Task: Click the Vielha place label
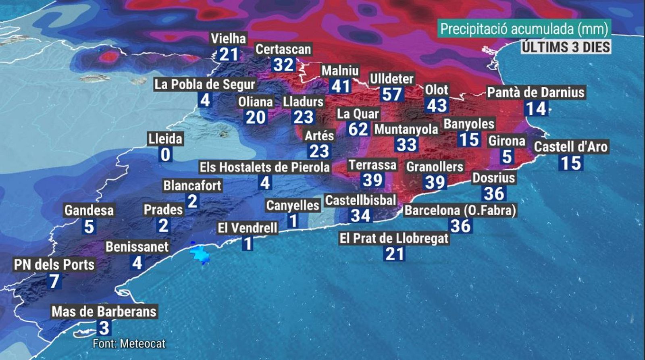(x=228, y=39)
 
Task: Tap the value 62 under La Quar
(x=358, y=129)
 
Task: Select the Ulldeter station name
(x=391, y=79)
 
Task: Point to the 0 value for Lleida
(x=165, y=154)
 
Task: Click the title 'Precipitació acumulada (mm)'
(x=524, y=29)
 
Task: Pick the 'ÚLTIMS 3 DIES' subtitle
(x=566, y=47)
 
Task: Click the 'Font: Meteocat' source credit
(x=129, y=343)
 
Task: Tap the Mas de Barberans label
(x=104, y=312)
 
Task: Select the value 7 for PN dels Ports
(x=54, y=281)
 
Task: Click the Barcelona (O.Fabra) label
(x=460, y=210)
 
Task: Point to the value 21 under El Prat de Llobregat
(x=394, y=254)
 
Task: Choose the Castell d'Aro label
(x=570, y=147)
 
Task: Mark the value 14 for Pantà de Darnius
(x=536, y=109)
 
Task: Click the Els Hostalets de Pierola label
(x=264, y=167)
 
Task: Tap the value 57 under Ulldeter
(x=391, y=94)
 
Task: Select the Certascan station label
(x=283, y=49)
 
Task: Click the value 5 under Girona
(x=507, y=157)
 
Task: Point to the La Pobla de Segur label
(x=205, y=84)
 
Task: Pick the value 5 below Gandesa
(x=89, y=227)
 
